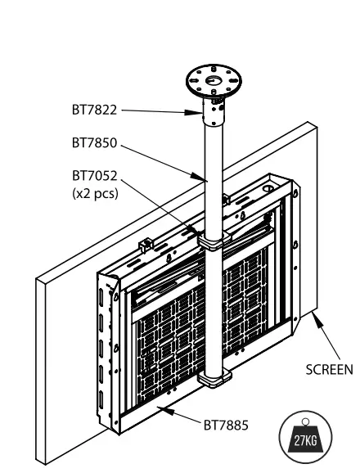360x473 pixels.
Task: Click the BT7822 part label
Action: click(92, 108)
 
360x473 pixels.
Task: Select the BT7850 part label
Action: click(92, 142)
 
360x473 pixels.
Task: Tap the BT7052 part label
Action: click(92, 175)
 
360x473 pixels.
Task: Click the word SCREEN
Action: click(328, 368)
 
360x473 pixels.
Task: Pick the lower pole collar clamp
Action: click(213, 378)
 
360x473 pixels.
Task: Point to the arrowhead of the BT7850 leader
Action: click(203, 177)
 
